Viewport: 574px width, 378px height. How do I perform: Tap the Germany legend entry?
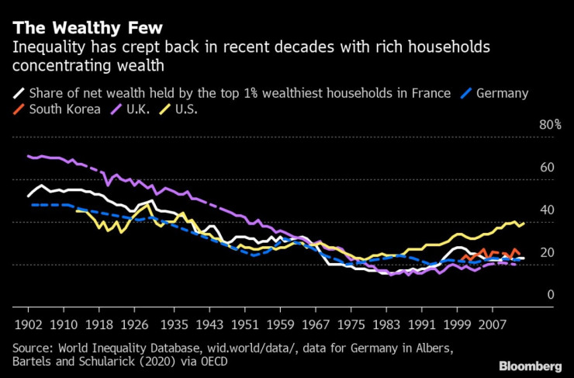[x=502, y=93]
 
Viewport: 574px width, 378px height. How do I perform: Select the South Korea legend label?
[x=64, y=109]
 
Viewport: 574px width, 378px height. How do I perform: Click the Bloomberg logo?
[x=530, y=365]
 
